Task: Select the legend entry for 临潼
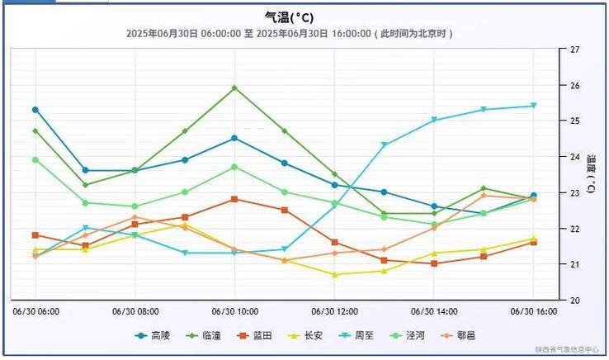point(205,336)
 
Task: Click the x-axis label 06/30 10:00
point(234,312)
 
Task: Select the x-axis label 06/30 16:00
point(533,312)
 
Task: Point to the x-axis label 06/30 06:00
point(35,312)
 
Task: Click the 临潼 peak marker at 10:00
point(234,88)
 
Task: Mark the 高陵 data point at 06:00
point(35,110)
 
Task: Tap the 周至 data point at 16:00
point(534,106)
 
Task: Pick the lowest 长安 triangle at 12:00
point(334,275)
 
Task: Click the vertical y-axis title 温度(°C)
point(591,173)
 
